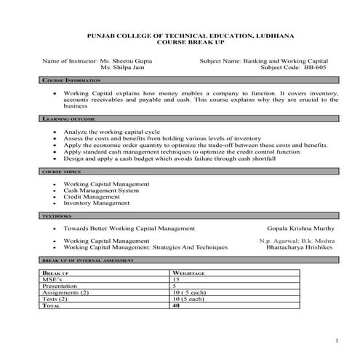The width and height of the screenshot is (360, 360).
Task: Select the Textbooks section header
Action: click(x=55, y=217)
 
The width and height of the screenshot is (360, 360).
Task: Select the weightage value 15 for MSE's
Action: click(x=175, y=279)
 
